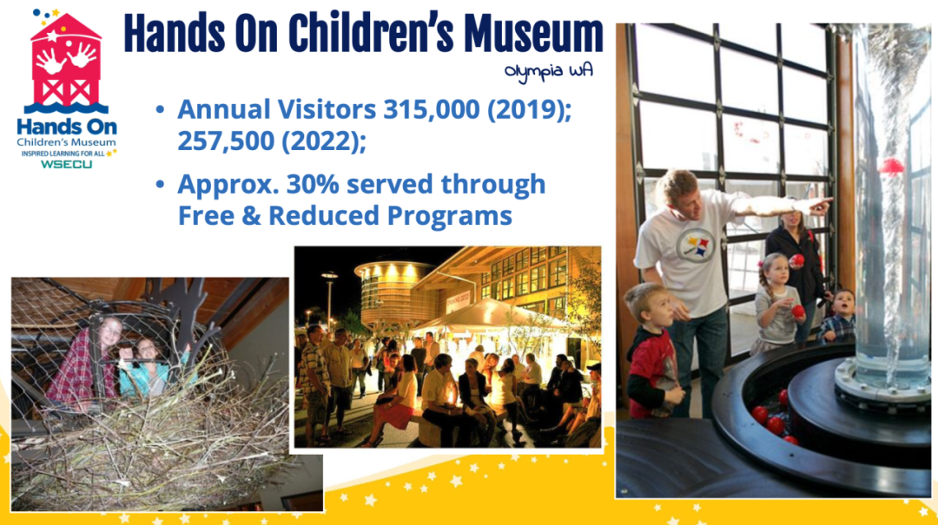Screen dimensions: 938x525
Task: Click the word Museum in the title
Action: click(x=533, y=34)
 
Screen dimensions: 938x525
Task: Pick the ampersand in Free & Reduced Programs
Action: click(x=251, y=216)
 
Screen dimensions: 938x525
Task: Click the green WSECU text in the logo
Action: click(x=66, y=164)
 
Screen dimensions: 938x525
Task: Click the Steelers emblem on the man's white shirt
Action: click(x=695, y=246)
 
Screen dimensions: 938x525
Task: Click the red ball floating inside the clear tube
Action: click(x=891, y=166)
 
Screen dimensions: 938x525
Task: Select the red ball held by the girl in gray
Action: click(x=798, y=311)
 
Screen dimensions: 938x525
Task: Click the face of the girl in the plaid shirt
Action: click(x=110, y=332)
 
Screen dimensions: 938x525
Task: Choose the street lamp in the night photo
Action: click(x=329, y=299)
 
